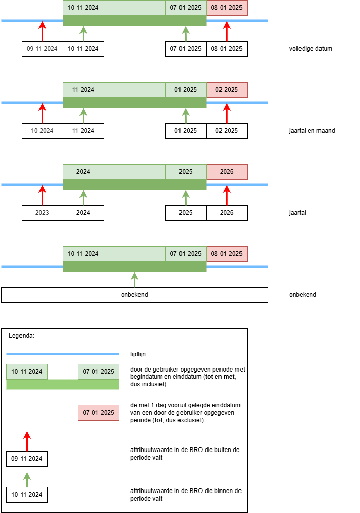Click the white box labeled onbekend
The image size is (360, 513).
point(134,295)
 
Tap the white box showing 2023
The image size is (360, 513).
point(42,213)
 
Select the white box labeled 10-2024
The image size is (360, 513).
point(42,131)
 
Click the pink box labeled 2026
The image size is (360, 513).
point(227,172)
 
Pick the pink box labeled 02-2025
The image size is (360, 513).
point(227,90)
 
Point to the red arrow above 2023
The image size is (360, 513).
point(42,195)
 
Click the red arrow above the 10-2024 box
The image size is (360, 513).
point(42,113)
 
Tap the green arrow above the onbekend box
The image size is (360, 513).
point(134,279)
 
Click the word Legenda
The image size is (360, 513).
point(22,336)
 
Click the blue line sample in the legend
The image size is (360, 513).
point(63,354)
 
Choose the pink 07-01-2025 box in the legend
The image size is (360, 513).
point(98,413)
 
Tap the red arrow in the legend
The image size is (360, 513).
point(27,441)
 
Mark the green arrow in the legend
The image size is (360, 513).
point(27,479)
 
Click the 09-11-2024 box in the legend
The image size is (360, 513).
point(27,459)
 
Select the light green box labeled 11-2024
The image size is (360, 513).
point(83,90)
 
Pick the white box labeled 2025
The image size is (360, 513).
point(186,213)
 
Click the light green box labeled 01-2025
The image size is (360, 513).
point(186,90)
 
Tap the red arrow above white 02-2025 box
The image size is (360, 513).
point(227,113)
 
